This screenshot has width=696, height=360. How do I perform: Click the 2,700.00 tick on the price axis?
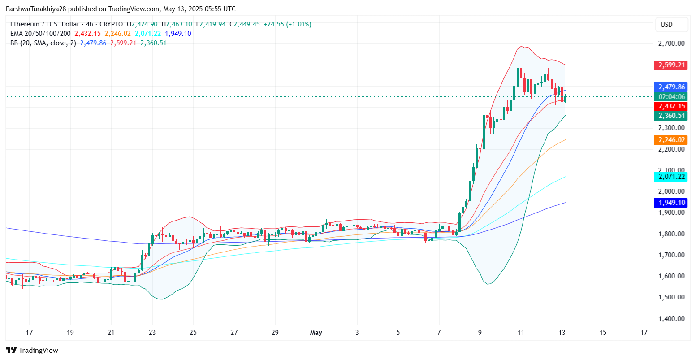[x=671, y=43]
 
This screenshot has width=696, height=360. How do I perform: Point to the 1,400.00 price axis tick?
[x=671, y=319]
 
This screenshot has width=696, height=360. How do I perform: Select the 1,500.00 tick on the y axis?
[x=671, y=297]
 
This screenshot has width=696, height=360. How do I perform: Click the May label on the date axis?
[x=316, y=333]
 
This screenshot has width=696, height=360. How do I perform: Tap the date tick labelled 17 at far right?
[x=644, y=333]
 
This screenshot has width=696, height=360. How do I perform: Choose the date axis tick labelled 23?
[x=152, y=333]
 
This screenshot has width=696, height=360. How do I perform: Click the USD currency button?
[x=667, y=25]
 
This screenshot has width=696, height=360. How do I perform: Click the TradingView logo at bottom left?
[x=32, y=351]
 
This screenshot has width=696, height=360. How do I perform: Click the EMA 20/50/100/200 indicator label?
[x=40, y=34]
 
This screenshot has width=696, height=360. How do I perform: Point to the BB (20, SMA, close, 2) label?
[x=43, y=43]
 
